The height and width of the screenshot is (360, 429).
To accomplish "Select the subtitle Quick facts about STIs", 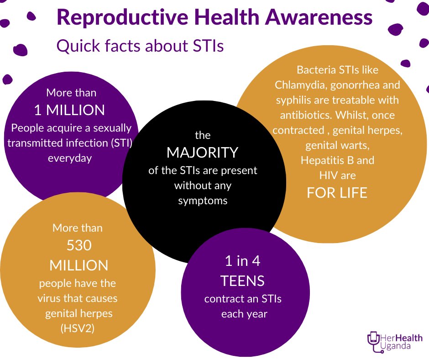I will [140, 46].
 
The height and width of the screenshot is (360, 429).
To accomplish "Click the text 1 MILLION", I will [69, 110].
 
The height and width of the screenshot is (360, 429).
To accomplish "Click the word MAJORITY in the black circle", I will [202, 152].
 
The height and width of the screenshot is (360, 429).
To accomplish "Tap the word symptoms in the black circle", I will [203, 201].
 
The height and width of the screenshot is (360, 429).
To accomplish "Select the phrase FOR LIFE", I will [337, 193].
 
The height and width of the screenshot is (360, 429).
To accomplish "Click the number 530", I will [79, 246].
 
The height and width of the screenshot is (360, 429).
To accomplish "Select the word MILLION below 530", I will [78, 265].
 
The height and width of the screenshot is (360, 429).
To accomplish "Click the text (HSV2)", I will [77, 328].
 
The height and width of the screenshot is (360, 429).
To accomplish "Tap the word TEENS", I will [242, 281].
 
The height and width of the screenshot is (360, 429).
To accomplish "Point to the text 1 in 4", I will [242, 261].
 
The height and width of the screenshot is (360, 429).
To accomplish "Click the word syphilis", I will [292, 100].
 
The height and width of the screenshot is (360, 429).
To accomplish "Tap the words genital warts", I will [337, 145].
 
